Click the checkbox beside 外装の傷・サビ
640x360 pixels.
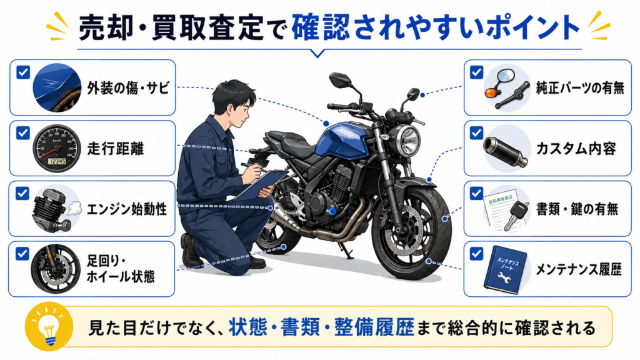click(23, 72)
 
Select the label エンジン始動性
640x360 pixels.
click(127, 209)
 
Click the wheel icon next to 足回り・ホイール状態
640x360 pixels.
click(56, 269)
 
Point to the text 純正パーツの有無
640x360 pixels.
click(579, 87)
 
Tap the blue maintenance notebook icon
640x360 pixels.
click(505, 269)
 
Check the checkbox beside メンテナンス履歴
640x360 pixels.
click(476, 254)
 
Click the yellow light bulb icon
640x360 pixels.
click(49, 326)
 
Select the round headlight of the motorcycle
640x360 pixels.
click(409, 141)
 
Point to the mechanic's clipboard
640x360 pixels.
click(261, 184)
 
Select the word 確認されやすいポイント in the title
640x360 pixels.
click(436, 27)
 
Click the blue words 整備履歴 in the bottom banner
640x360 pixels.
click(374, 327)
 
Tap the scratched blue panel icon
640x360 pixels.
click(57, 87)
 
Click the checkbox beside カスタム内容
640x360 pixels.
click(476, 133)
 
